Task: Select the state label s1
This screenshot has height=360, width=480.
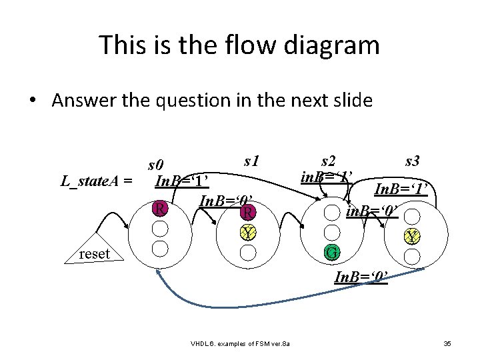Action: [251, 161]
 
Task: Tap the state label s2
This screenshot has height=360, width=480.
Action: [328, 161]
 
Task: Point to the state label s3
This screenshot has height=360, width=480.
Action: [412, 161]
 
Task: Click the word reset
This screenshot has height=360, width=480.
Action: [94, 253]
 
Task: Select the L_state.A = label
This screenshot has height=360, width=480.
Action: [96, 181]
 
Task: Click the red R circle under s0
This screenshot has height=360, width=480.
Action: [159, 209]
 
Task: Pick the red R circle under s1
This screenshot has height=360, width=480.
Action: [247, 213]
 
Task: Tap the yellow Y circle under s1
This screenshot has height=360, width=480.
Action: [247, 233]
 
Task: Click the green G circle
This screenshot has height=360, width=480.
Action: [331, 253]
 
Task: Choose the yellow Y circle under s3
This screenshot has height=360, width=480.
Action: [413, 237]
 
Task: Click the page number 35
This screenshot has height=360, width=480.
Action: [447, 343]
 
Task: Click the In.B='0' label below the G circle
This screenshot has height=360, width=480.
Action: [359, 275]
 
